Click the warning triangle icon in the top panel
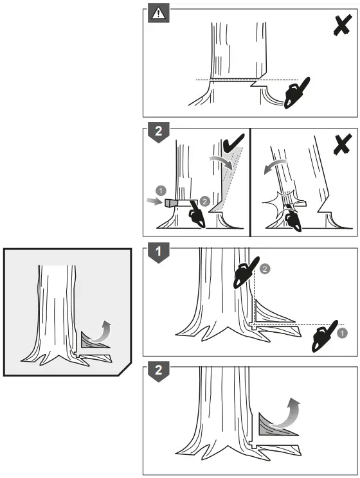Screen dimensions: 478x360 157,13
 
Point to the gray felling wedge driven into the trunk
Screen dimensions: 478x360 171,202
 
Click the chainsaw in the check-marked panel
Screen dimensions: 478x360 194,215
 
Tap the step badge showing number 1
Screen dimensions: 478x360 157,252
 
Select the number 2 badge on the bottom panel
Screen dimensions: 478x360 157,371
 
